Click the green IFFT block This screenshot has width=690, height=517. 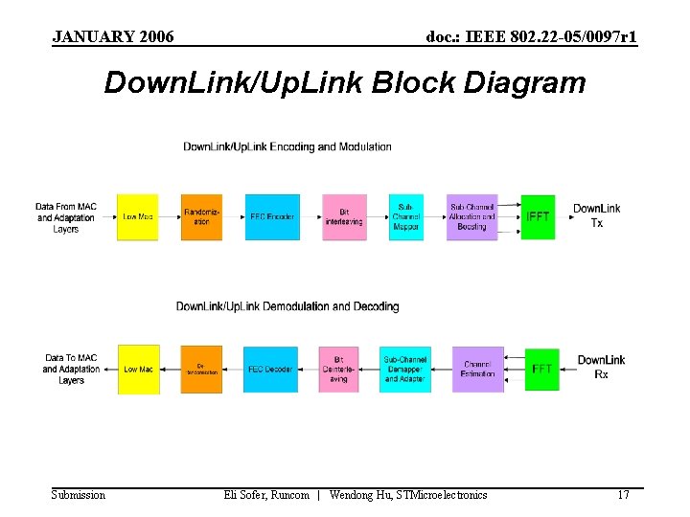point(538,217)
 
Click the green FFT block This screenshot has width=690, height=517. point(541,370)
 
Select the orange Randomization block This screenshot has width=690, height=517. point(201,217)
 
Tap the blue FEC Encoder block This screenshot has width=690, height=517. point(272,217)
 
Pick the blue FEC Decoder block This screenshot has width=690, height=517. point(270,370)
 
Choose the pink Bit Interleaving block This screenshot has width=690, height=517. point(343,217)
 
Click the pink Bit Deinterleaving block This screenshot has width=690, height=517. point(338,370)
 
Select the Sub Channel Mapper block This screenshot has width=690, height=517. point(405,217)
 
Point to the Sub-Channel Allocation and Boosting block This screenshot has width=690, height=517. point(471,217)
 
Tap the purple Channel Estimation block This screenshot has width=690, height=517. point(477,370)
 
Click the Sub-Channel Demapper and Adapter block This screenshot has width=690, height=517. point(405,370)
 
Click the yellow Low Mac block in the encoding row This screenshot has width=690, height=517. point(137,217)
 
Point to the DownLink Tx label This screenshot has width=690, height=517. point(596,215)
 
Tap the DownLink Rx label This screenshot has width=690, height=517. point(601,367)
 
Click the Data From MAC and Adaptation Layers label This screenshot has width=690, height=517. point(66,217)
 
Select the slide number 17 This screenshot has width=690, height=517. point(623,495)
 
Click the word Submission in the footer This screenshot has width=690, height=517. point(79,495)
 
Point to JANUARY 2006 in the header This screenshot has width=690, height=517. point(113,37)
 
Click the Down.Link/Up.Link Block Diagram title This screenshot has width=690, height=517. point(344,83)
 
